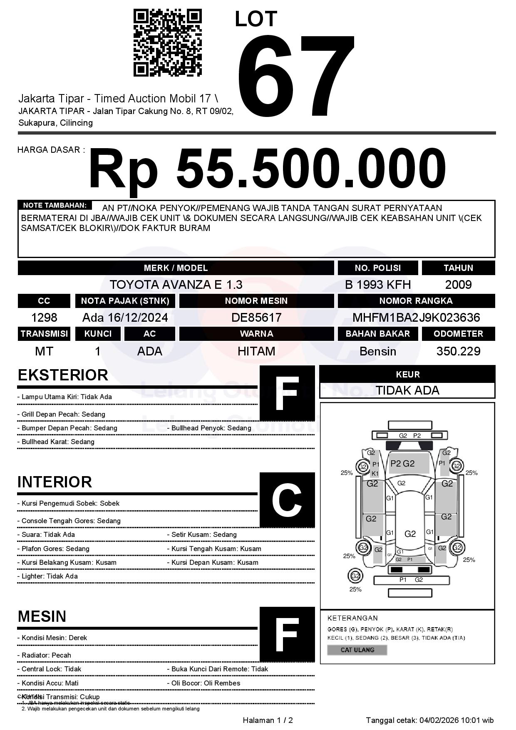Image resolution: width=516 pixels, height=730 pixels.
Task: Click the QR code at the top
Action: (x=167, y=43)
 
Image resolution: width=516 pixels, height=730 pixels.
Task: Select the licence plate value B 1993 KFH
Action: (x=378, y=285)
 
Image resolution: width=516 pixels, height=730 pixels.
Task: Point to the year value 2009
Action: (x=458, y=285)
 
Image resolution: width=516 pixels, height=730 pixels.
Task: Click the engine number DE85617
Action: (x=256, y=318)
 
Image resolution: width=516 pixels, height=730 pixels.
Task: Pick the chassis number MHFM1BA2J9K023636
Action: (x=416, y=318)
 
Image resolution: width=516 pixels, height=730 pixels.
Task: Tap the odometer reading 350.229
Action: (x=458, y=351)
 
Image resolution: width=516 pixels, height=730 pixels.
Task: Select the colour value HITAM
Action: (x=256, y=351)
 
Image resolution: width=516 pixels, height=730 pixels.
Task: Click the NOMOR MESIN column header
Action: (x=256, y=301)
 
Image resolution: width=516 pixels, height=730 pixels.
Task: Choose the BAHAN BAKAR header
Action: (x=378, y=334)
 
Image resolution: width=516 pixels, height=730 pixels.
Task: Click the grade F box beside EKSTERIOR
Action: (x=287, y=393)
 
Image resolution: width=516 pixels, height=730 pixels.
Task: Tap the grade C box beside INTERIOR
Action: (x=287, y=499)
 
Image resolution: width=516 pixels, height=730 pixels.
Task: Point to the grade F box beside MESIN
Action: (x=287, y=634)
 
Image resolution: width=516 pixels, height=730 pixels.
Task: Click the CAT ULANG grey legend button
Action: (x=357, y=650)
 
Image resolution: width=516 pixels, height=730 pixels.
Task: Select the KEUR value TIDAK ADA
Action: (x=407, y=390)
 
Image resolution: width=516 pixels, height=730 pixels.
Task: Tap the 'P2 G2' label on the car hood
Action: (x=402, y=464)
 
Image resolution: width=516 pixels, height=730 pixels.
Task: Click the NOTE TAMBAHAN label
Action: (x=55, y=205)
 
